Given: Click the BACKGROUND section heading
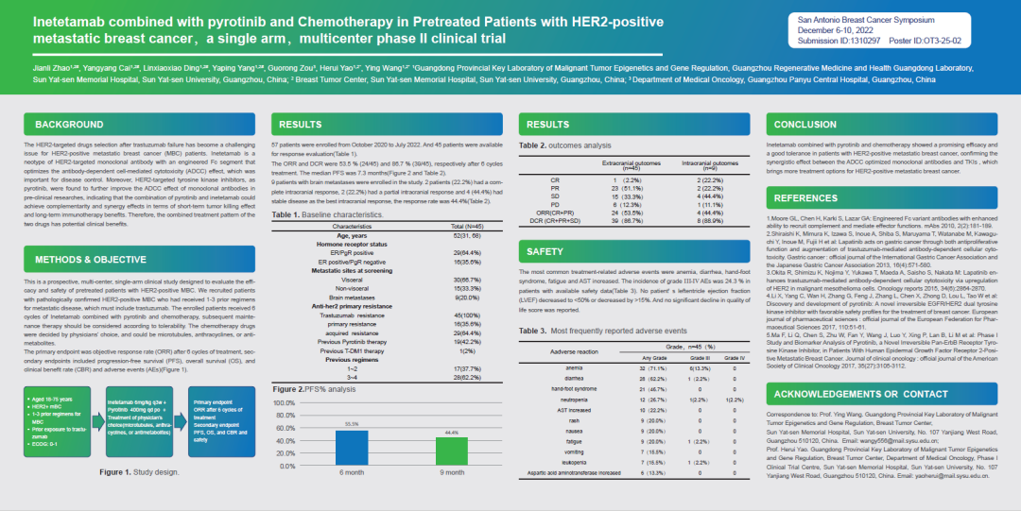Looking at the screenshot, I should (69, 125).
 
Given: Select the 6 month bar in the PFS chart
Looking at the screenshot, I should (352, 446).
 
